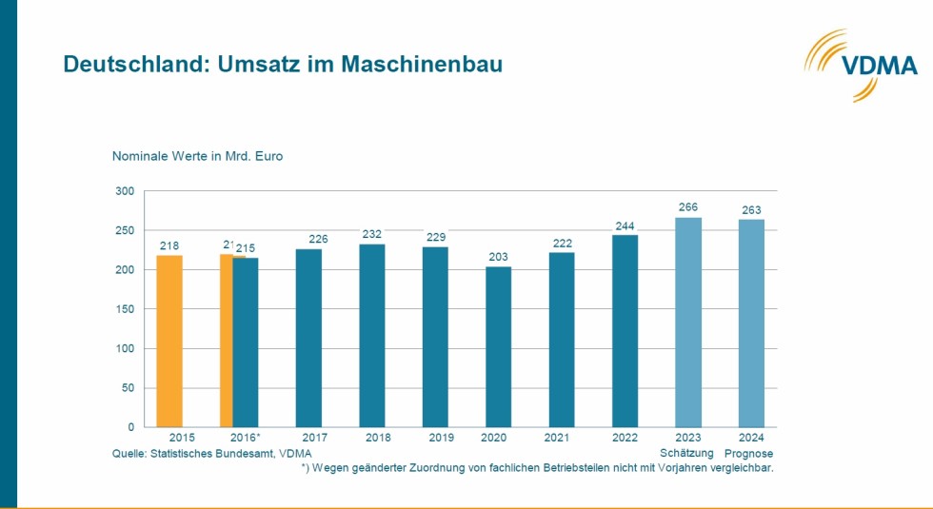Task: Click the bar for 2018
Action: (x=371, y=335)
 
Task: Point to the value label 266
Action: (x=687, y=206)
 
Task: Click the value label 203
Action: (x=498, y=256)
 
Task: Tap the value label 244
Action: (x=625, y=225)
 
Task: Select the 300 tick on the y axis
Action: (x=125, y=191)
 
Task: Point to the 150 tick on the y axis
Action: (x=125, y=309)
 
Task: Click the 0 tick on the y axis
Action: (x=131, y=427)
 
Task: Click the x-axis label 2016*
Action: (x=247, y=440)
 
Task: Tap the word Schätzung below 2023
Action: (x=687, y=453)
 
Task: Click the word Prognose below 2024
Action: (x=749, y=453)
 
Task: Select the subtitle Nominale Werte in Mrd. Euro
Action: (x=197, y=155)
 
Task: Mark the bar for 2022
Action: (x=625, y=330)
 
